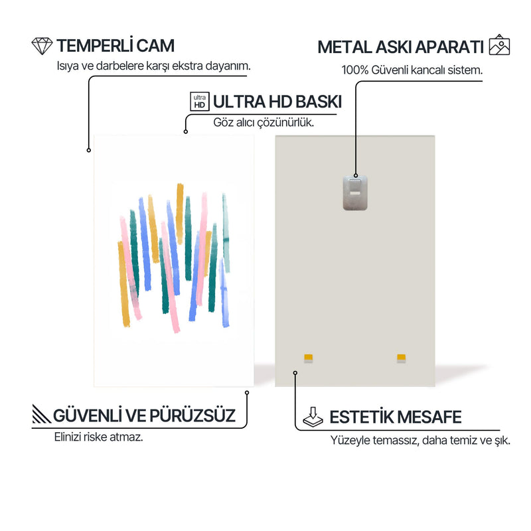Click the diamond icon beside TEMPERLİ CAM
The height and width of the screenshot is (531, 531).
(x=42, y=46)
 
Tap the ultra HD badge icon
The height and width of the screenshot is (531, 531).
(x=200, y=102)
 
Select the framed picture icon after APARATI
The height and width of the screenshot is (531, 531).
(x=499, y=44)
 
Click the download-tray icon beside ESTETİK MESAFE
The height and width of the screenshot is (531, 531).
(x=313, y=417)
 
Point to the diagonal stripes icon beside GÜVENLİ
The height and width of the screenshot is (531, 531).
(x=41, y=414)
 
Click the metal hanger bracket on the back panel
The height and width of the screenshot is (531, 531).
(x=355, y=192)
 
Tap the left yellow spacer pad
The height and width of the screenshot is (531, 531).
(x=308, y=358)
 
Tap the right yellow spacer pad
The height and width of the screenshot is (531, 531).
(x=402, y=358)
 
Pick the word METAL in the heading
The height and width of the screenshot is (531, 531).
(x=344, y=47)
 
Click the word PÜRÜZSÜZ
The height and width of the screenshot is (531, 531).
(x=192, y=416)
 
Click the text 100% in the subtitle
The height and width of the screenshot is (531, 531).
(x=355, y=70)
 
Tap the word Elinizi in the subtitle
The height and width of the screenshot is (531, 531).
(x=68, y=437)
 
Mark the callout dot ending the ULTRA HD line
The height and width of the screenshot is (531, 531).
(x=186, y=131)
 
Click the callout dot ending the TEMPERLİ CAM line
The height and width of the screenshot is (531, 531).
(x=89, y=151)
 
